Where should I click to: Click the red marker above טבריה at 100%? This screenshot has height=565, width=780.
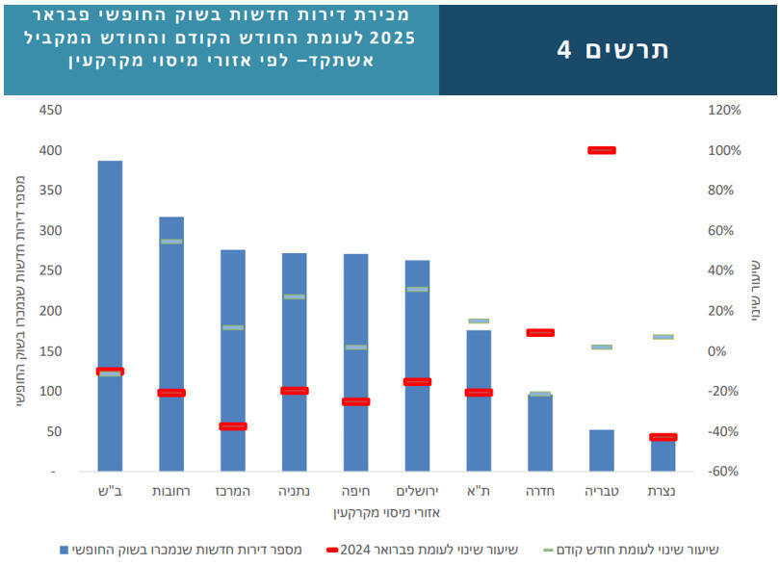(601, 150)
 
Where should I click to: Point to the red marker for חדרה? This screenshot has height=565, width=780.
(540, 333)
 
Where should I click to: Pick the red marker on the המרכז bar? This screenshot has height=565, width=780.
(233, 426)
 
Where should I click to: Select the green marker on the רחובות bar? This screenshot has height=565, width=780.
(171, 242)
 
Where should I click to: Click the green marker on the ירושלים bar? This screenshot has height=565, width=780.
(417, 289)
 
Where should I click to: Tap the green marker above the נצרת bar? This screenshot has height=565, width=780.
(663, 337)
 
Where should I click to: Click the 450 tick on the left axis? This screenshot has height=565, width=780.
(50, 111)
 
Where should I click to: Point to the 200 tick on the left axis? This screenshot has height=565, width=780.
(50, 311)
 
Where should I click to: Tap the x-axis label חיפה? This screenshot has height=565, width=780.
(355, 492)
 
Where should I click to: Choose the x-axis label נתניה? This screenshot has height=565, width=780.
(295, 492)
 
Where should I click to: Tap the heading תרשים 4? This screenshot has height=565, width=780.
(612, 49)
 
